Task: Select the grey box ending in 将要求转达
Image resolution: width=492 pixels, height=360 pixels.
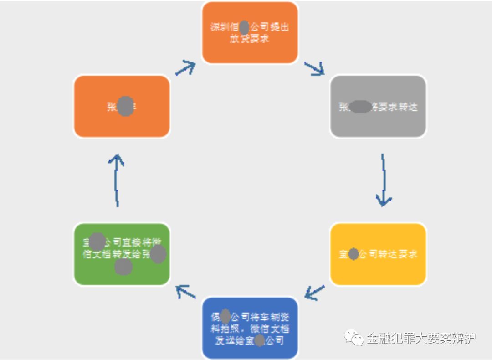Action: click(x=378, y=107)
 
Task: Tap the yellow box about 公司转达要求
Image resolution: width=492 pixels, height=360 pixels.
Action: click(x=378, y=254)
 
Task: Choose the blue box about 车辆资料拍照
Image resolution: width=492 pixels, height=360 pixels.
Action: click(x=250, y=328)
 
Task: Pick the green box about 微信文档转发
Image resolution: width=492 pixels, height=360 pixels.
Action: click(x=122, y=254)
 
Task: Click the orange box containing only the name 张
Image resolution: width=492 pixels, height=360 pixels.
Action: click(x=122, y=107)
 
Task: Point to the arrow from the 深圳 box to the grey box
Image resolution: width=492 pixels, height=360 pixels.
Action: click(x=314, y=68)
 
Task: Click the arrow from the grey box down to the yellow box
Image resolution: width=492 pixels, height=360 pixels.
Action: click(x=384, y=180)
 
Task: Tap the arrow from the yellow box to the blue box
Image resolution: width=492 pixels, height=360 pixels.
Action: click(x=314, y=293)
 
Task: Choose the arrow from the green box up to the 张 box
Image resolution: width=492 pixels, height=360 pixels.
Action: click(x=118, y=180)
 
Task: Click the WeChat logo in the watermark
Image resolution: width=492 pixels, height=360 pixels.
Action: click(x=354, y=338)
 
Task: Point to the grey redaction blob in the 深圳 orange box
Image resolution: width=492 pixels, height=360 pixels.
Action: click(x=244, y=27)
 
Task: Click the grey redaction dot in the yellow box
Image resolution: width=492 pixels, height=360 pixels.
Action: click(x=354, y=254)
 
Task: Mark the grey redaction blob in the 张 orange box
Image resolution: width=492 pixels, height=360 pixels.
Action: click(x=125, y=107)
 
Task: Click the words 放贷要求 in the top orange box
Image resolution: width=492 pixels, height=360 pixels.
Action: click(x=249, y=38)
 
